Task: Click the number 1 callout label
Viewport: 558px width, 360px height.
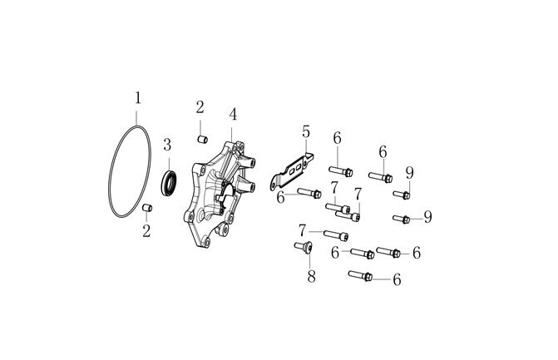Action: (138, 98)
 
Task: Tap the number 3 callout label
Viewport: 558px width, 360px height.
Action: (167, 145)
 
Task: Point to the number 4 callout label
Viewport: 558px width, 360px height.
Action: (233, 115)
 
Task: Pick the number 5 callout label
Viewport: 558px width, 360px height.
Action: (306, 131)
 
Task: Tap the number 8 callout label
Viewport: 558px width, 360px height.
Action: (311, 276)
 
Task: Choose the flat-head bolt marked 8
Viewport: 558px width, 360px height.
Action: (304, 247)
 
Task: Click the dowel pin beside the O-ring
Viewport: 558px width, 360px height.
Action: (147, 207)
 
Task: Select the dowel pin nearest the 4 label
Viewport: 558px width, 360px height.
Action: (202, 139)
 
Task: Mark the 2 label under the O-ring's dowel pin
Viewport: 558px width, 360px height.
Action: (146, 231)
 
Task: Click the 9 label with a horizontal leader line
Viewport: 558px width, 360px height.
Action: (427, 217)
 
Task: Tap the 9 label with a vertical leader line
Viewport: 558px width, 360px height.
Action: (410, 173)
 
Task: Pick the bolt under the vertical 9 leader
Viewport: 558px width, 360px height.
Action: (402, 195)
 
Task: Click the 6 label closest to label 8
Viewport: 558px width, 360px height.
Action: (335, 253)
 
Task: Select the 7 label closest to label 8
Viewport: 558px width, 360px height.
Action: (302, 230)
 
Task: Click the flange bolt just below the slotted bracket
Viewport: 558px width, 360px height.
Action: (309, 193)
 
